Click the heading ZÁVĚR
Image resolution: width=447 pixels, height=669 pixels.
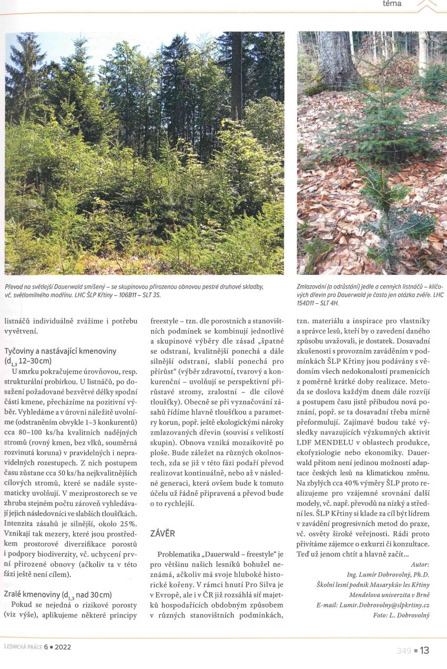pos(162,533)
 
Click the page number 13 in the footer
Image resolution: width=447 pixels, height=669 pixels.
pos(424,651)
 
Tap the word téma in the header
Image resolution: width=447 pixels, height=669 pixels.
pos(392,4)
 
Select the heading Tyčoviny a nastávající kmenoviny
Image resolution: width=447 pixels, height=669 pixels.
pos(60,351)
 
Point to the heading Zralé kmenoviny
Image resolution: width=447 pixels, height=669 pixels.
pos(58,594)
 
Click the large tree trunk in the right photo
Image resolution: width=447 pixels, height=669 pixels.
pos(337,58)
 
